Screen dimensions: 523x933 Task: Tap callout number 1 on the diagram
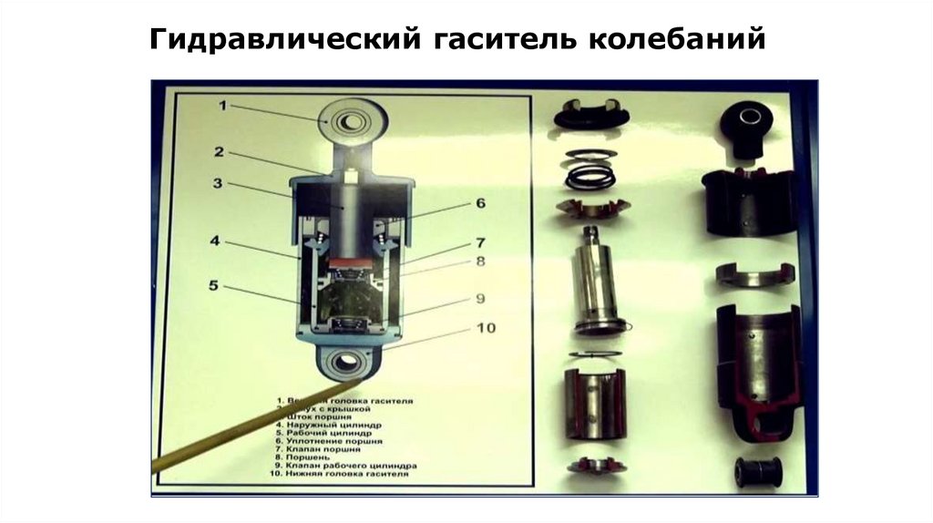coord(221,106)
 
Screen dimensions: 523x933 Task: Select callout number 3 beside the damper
coord(218,183)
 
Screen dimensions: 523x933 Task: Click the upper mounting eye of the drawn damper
coord(350,120)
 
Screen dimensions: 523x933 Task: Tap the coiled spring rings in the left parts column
coord(590,169)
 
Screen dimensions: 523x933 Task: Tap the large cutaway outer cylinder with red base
coord(757,374)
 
